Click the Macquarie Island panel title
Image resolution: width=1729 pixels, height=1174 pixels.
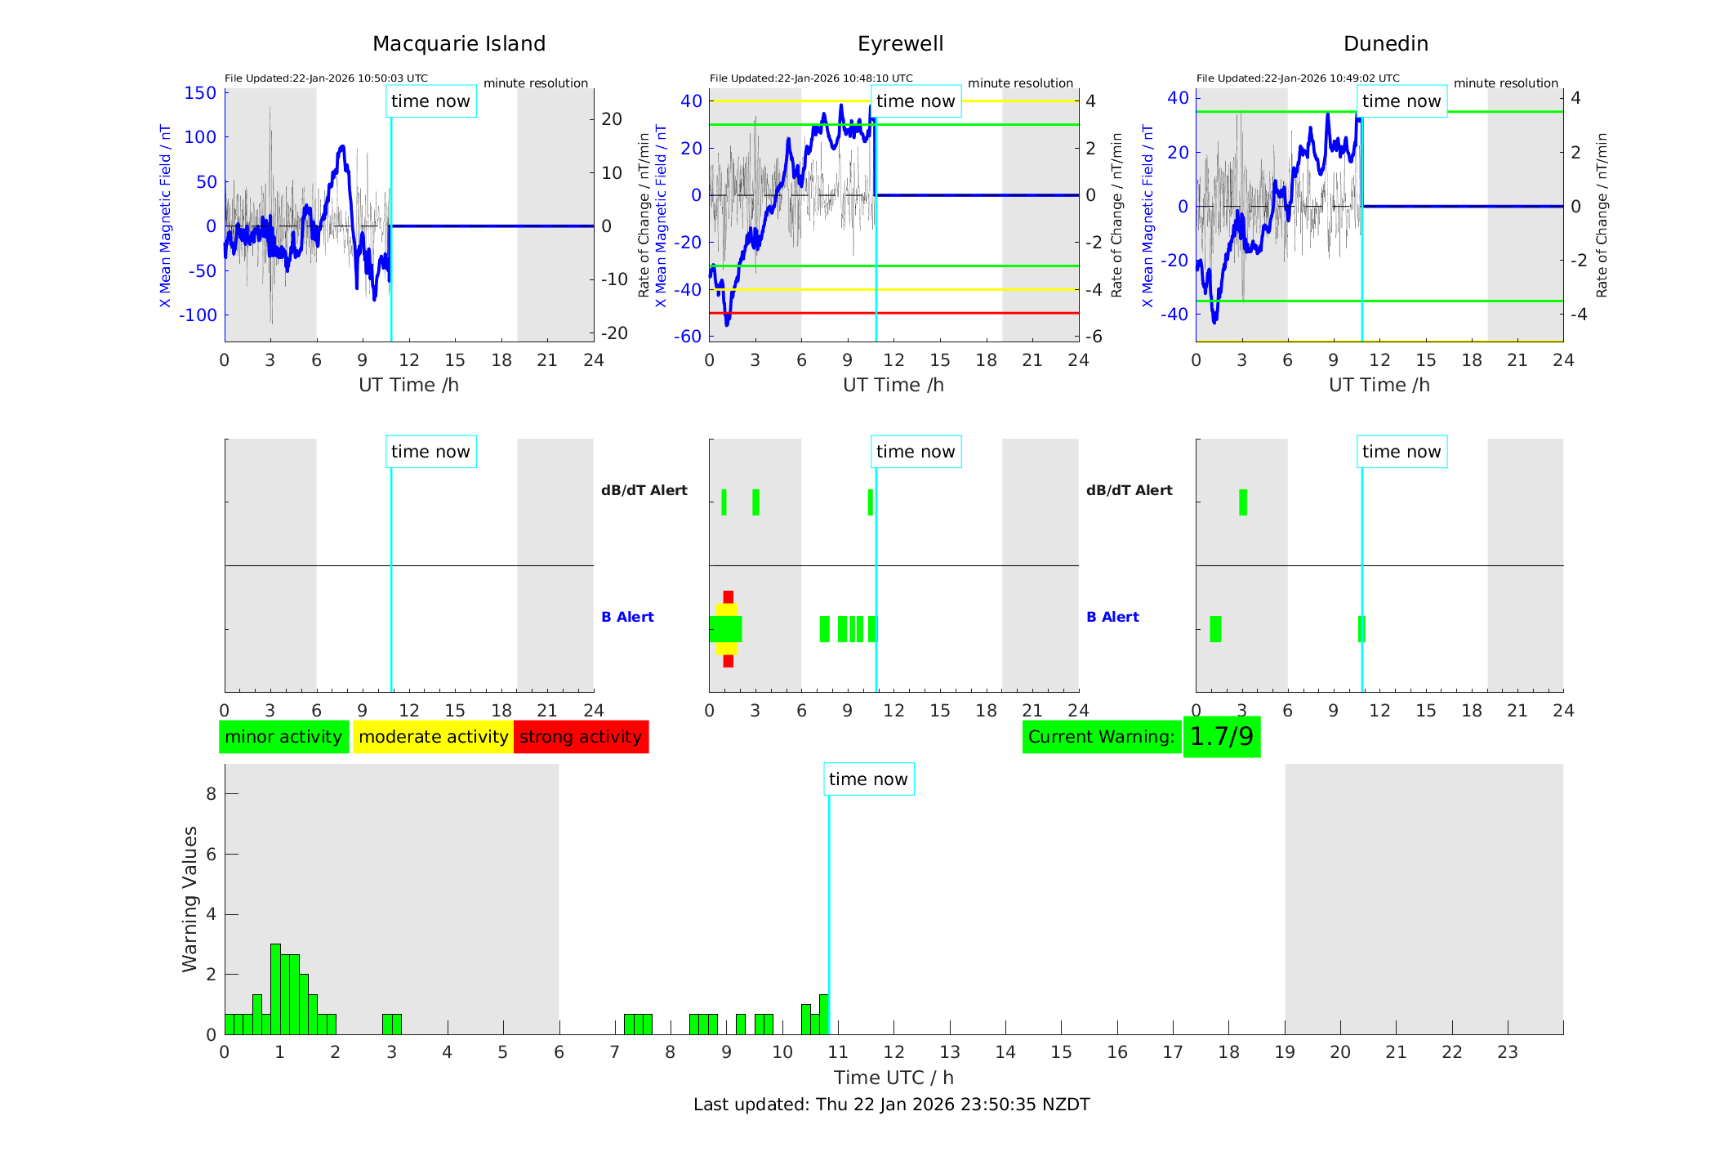coord(458,44)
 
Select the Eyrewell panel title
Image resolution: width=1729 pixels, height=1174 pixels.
coord(900,44)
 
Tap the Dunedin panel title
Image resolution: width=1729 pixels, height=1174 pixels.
coord(1385,44)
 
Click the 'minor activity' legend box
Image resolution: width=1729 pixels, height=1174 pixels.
coord(283,737)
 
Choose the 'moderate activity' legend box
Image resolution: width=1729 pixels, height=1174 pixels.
coord(433,737)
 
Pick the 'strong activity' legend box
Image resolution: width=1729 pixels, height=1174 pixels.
coord(581,737)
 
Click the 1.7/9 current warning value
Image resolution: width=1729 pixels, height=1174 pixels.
coord(1221,737)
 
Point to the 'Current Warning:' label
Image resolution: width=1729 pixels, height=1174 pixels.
coord(1101,737)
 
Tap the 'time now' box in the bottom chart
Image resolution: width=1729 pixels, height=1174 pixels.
coord(868,779)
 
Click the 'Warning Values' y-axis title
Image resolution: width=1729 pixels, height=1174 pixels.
coord(190,899)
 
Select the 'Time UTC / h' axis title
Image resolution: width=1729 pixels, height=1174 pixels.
coord(893,1078)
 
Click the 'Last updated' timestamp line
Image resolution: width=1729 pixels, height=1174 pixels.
coord(891,1105)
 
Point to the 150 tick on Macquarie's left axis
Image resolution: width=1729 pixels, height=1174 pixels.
coord(200,93)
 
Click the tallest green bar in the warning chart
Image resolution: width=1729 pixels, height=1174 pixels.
coord(275,989)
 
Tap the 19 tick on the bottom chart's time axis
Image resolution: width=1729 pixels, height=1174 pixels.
coord(1285,1052)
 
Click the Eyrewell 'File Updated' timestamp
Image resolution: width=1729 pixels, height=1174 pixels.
coord(811,78)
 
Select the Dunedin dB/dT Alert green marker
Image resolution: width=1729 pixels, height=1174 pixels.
coord(1243,502)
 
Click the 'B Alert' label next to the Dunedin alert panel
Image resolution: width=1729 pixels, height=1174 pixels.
coord(1112,617)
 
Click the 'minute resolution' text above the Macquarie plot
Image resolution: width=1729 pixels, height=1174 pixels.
coord(536,83)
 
